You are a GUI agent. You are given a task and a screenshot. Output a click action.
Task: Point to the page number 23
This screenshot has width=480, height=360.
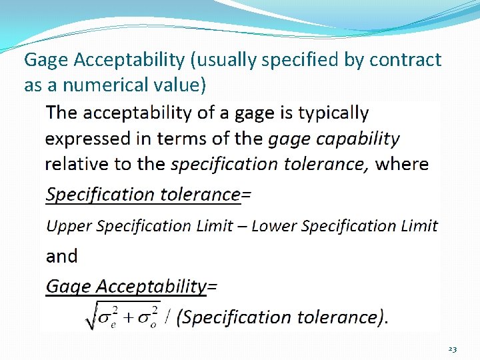click(452, 349)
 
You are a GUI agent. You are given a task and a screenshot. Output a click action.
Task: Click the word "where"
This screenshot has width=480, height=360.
click(402, 164)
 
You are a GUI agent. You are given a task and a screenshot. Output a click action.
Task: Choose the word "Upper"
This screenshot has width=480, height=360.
click(69, 226)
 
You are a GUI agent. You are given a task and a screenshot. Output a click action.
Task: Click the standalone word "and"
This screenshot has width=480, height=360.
click(61, 256)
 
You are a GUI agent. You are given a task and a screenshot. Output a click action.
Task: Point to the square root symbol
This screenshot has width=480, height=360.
click(91, 317)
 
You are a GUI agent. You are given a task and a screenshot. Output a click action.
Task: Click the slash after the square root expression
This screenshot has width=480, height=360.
click(169, 317)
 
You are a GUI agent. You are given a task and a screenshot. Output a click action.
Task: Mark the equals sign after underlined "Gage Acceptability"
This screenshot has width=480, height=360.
click(213, 287)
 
